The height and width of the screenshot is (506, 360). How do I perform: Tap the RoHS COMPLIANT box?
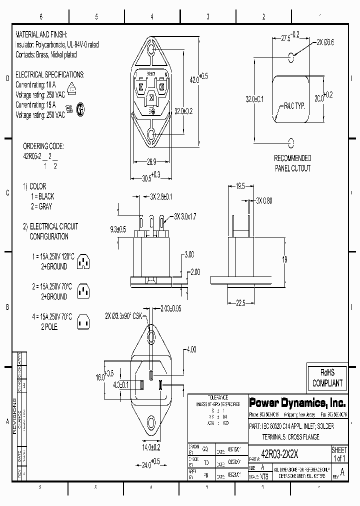tap(327, 378)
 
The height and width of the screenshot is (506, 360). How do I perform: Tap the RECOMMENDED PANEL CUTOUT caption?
tap(292, 163)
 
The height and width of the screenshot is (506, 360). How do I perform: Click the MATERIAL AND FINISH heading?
tap(45, 36)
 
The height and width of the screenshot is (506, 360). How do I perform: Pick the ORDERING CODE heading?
tap(43, 146)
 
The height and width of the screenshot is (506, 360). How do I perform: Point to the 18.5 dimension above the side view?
tap(240, 186)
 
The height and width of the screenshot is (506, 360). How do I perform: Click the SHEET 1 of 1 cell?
tap(339, 454)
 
